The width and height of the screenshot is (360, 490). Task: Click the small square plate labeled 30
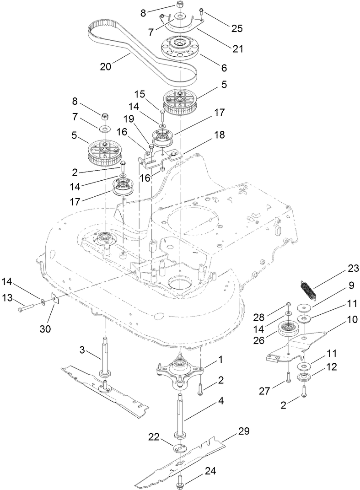pyautogui.click(x=55, y=299)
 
